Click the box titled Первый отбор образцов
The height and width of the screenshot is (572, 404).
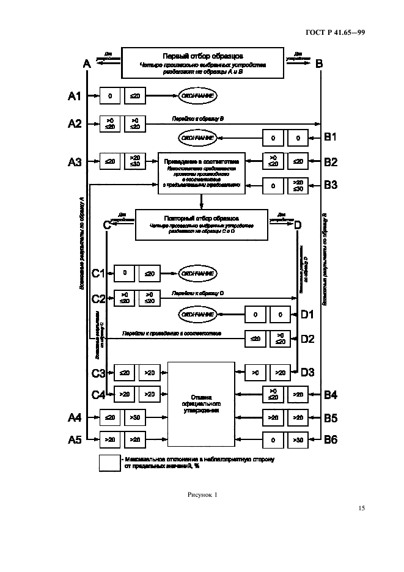click(x=203, y=63)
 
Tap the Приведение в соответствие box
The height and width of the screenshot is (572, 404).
click(x=201, y=173)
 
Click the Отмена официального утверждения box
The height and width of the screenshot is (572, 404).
click(x=201, y=405)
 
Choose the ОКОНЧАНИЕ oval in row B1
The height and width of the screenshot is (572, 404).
click(x=197, y=138)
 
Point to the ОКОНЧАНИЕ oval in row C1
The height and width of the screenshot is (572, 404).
click(x=197, y=273)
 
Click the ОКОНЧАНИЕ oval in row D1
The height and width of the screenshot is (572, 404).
click(x=197, y=314)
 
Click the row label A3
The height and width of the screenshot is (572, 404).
click(x=74, y=163)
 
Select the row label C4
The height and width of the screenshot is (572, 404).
click(x=98, y=395)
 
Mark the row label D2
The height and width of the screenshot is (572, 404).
click(x=307, y=338)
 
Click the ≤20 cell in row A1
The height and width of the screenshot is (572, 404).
click(x=136, y=96)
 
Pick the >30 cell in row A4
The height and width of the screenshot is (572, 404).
click(x=136, y=418)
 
